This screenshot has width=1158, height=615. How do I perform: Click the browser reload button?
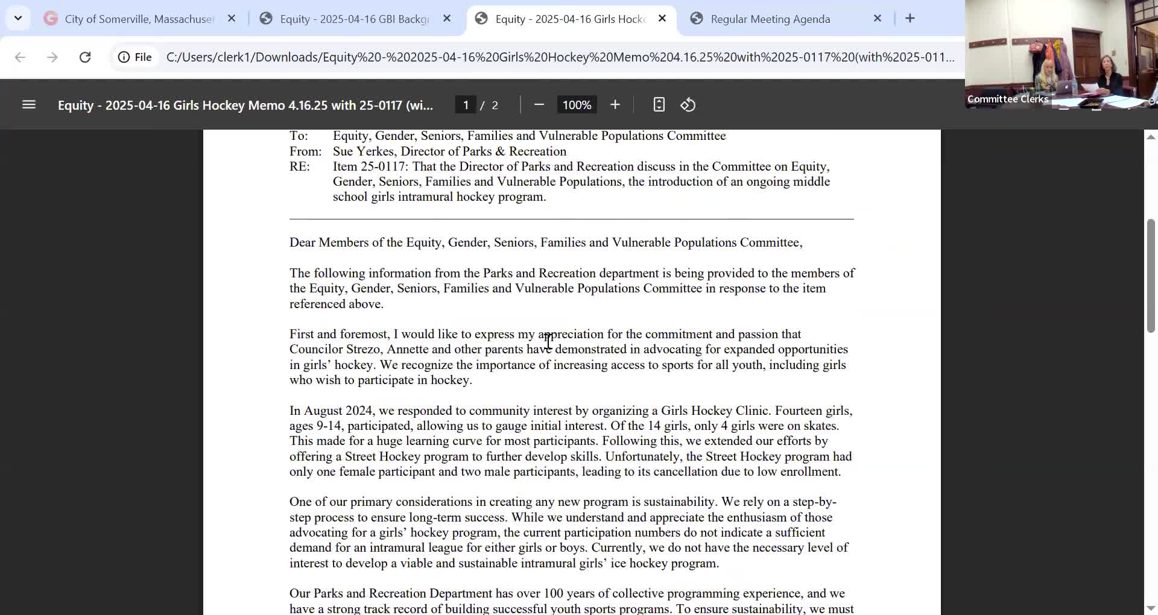85,57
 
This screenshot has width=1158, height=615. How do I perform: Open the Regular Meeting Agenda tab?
770,19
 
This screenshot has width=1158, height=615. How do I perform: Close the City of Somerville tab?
232,19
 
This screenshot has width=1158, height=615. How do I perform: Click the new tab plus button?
910,19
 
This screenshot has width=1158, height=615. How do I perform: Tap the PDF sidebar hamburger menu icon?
29,105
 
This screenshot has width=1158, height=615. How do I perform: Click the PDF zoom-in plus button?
615,105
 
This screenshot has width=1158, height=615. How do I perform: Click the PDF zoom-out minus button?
539,105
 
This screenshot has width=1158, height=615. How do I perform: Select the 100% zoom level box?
577,105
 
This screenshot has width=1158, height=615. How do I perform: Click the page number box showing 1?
466,105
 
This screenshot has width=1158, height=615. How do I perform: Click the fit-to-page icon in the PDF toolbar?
659,105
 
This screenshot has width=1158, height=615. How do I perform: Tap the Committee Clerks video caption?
1007,99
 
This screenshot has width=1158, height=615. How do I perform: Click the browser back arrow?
20,57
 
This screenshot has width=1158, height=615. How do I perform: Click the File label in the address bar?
143,57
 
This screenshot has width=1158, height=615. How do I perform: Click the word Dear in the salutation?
302,243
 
